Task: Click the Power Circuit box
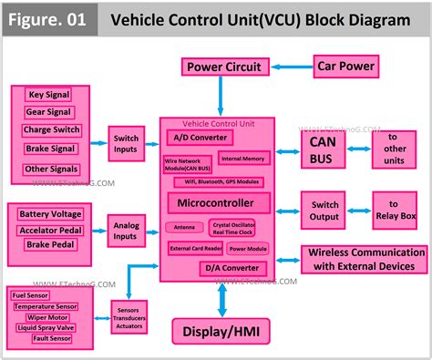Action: [x=224, y=67]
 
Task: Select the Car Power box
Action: [x=345, y=66]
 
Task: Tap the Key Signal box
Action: [x=49, y=95]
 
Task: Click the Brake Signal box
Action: [x=49, y=148]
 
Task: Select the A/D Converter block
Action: [x=201, y=138]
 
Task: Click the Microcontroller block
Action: [x=218, y=202]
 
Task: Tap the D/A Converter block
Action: [x=233, y=268]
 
